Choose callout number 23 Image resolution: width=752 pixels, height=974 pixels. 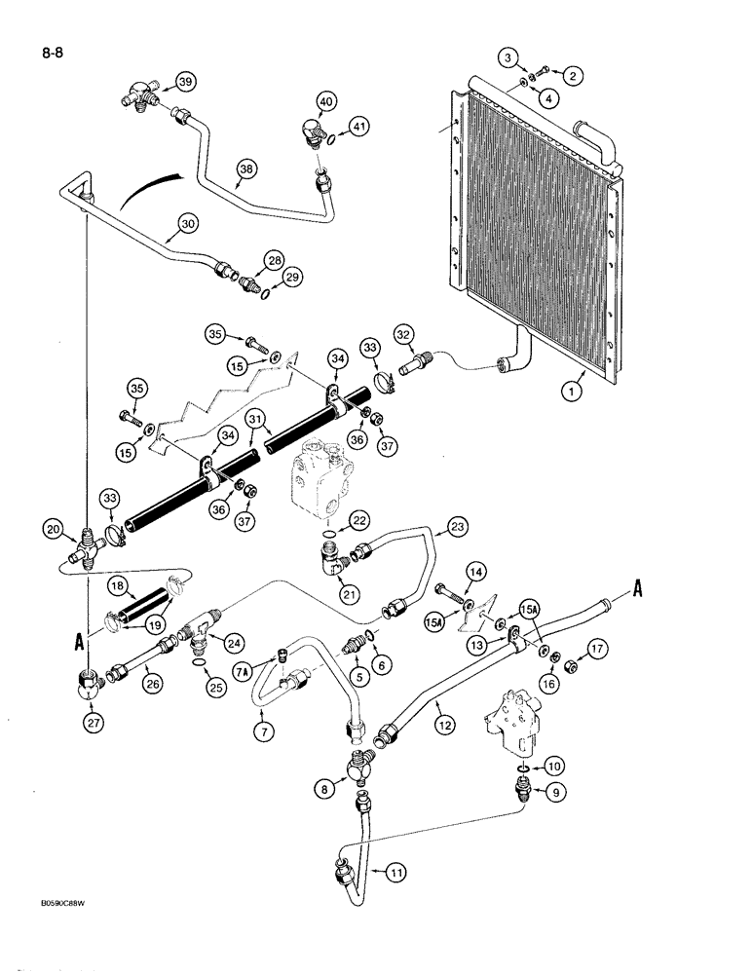point(458,527)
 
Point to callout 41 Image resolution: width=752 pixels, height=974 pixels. point(360,126)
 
